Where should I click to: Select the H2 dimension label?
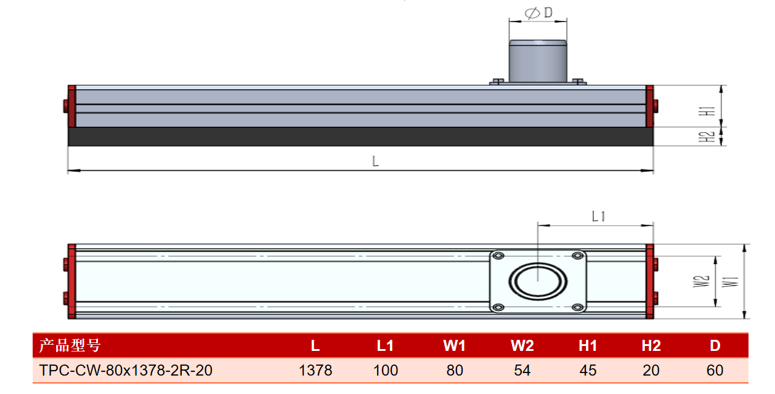coord(710,137)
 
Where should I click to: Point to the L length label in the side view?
coord(375,162)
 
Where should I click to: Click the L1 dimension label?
coord(599,217)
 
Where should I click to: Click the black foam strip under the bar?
coord(360,137)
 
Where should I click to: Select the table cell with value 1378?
coord(315,371)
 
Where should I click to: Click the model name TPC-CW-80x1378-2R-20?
coord(126,371)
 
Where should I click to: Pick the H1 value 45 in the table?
coord(588,371)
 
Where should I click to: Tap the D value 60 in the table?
coord(715,371)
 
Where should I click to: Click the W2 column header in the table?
coord(522,346)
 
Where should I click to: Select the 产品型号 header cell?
coord(70,345)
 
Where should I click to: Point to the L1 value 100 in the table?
coord(386,371)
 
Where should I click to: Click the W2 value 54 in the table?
coord(522,371)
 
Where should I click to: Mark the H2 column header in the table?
coord(651,346)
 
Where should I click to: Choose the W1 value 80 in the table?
coord(455,371)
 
